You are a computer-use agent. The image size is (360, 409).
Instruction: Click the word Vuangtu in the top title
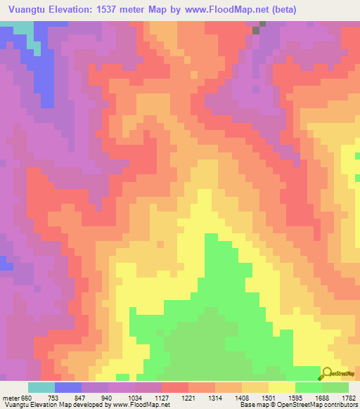pyautogui.click(x=28, y=10)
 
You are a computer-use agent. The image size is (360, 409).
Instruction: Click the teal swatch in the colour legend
pyautogui.click(x=41, y=387)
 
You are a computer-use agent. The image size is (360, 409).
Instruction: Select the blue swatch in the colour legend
pyautogui.click(x=68, y=387)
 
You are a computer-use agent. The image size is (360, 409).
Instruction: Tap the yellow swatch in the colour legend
pyautogui.click(x=282, y=387)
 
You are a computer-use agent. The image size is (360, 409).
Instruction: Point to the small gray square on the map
pyautogui.click(x=264, y=25)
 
